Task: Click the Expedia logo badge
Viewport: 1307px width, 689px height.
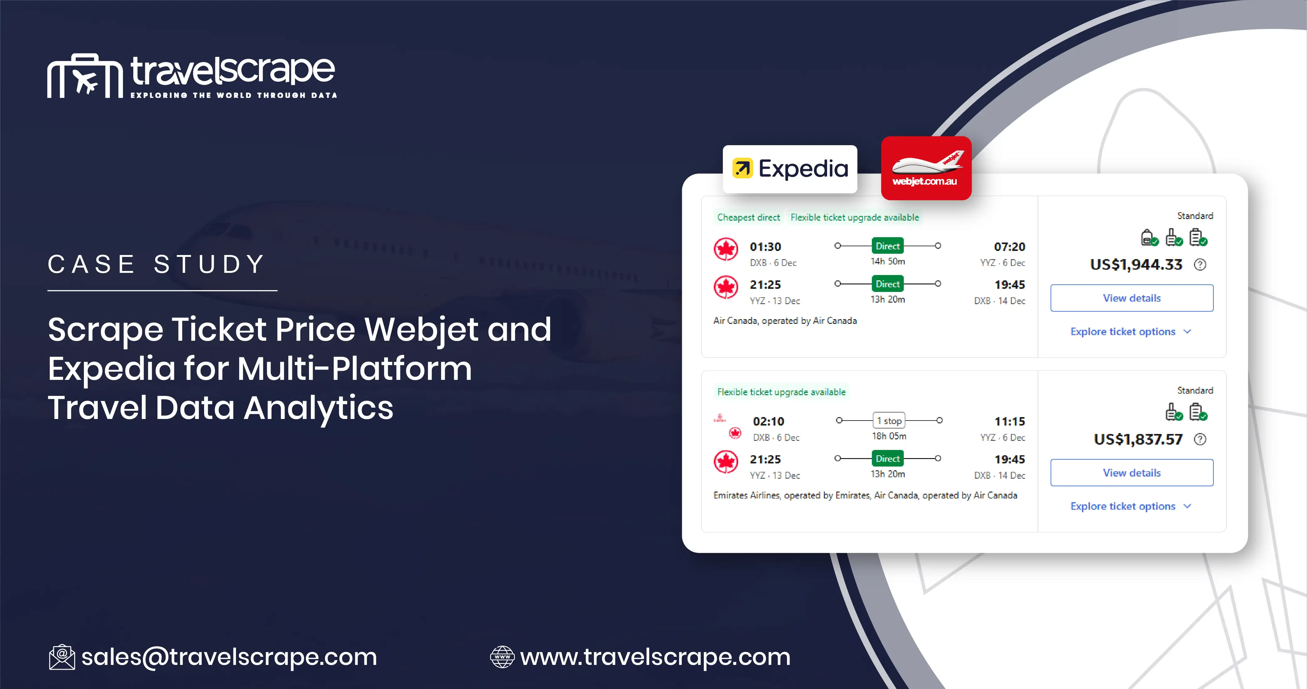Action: [x=790, y=169]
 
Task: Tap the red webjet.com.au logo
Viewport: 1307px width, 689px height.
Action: [x=926, y=168]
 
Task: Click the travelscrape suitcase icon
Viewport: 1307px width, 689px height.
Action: [x=85, y=76]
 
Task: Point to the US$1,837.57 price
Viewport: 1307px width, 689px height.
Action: [x=1138, y=439]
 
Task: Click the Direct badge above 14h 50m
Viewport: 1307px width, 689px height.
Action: [x=888, y=246]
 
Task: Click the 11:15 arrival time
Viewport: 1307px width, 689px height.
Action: [x=1009, y=421]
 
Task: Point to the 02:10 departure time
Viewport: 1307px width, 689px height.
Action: [x=768, y=421]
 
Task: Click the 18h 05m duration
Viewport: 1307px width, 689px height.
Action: [x=889, y=436]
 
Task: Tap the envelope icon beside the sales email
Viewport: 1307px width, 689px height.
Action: [x=62, y=657]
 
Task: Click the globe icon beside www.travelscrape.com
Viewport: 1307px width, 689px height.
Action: [x=502, y=657]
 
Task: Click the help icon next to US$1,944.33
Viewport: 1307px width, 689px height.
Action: [x=1200, y=265]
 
